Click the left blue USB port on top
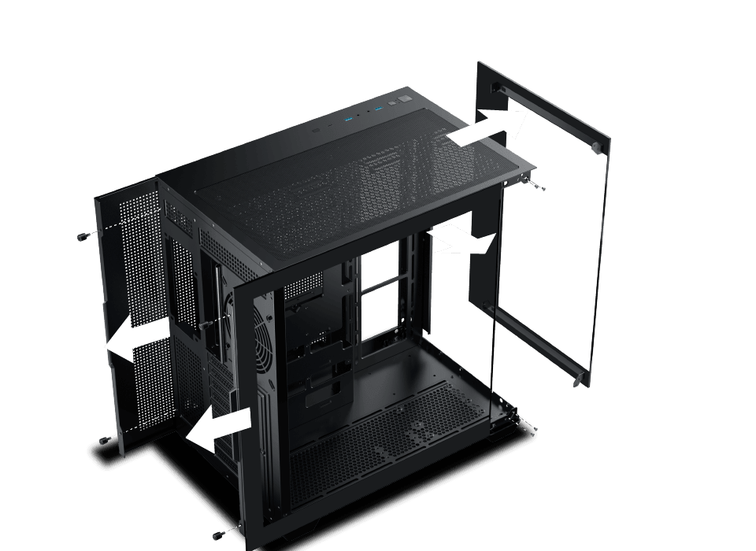click(x=348, y=120)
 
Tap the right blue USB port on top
click(x=378, y=107)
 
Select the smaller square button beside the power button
click(x=391, y=103)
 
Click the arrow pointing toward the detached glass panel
click(x=487, y=127)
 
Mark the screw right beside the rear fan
click(x=205, y=324)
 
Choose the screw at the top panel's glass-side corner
click(x=533, y=186)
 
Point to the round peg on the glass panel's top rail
click(x=597, y=147)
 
